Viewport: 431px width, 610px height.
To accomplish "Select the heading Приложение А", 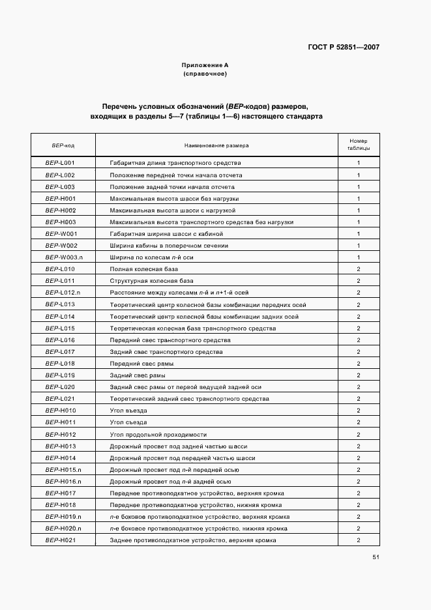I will [x=205, y=65].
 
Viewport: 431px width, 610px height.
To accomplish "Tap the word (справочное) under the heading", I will [x=205, y=74].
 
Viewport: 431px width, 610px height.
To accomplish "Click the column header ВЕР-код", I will [x=63, y=145].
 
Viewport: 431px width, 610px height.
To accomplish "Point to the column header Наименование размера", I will [x=216, y=145].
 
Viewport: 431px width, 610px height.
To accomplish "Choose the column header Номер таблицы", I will [x=359, y=145].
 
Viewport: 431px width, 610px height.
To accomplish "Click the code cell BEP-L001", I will [x=60, y=163].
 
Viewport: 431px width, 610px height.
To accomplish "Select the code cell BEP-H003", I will [x=61, y=222].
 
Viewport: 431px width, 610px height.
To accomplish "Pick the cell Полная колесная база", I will [x=138, y=269].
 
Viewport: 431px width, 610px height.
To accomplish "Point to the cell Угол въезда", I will [x=128, y=411].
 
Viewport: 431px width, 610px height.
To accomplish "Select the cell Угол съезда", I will [x=128, y=422].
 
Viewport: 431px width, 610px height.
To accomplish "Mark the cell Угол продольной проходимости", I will [x=158, y=434].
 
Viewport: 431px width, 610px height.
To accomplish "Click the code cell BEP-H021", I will [x=61, y=540].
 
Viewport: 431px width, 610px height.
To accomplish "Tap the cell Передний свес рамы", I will [x=138, y=363].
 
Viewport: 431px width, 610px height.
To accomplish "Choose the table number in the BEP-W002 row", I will [x=359, y=246].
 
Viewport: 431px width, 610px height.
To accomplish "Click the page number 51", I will [x=376, y=557].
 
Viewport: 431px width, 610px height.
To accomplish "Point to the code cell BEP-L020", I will [x=60, y=387].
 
